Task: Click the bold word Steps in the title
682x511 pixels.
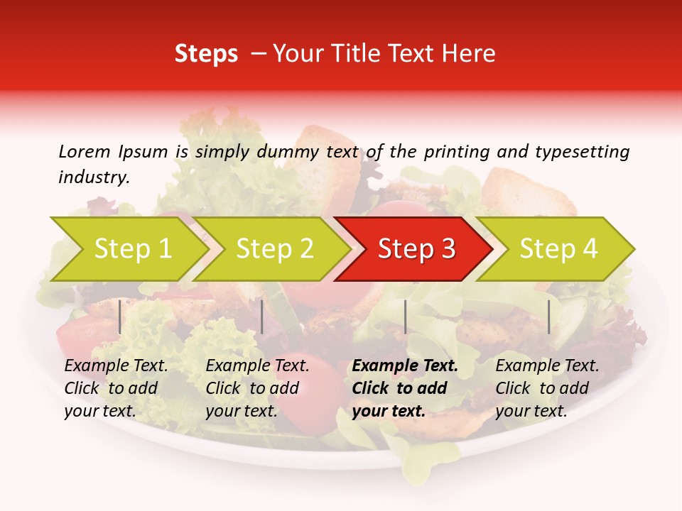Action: coord(206,54)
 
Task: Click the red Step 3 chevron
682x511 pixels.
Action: coord(416,249)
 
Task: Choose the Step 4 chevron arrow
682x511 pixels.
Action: coord(558,249)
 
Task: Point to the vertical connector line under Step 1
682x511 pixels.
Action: coord(120,317)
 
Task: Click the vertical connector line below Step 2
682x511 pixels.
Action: coord(262,317)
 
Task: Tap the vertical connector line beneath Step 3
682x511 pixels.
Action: coord(405,317)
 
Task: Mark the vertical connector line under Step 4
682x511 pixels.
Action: coord(548,317)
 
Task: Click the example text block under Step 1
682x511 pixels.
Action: coord(116,388)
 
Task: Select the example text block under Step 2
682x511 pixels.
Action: coord(257,388)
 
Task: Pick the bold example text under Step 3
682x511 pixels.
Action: coord(405,388)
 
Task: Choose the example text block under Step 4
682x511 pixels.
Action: coord(547,388)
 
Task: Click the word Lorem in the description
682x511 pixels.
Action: coord(85,152)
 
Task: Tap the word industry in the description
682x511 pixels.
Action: coord(92,177)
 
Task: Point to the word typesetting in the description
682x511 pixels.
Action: coord(582,152)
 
